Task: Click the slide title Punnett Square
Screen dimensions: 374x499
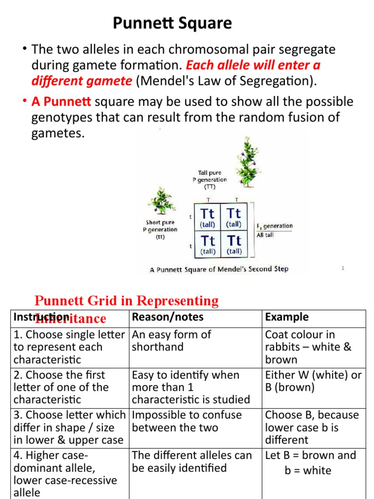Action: tap(172, 23)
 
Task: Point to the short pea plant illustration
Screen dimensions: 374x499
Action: tap(161, 201)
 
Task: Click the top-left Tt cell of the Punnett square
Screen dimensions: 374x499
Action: tap(208, 217)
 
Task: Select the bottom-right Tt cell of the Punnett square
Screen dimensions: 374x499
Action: tap(234, 244)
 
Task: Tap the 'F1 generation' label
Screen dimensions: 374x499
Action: tap(274, 226)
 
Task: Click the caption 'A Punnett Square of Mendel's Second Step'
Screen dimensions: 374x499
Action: tap(219, 269)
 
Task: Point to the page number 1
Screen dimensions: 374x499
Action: tap(343, 268)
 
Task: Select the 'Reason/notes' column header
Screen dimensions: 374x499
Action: tap(168, 317)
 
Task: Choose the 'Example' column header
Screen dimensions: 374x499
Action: tap(287, 317)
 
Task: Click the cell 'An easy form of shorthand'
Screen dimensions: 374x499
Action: tap(171, 341)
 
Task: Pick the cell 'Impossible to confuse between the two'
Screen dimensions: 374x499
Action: tap(187, 421)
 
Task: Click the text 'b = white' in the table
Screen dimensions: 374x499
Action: tap(308, 471)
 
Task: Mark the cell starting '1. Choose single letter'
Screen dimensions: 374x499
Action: tap(69, 347)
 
